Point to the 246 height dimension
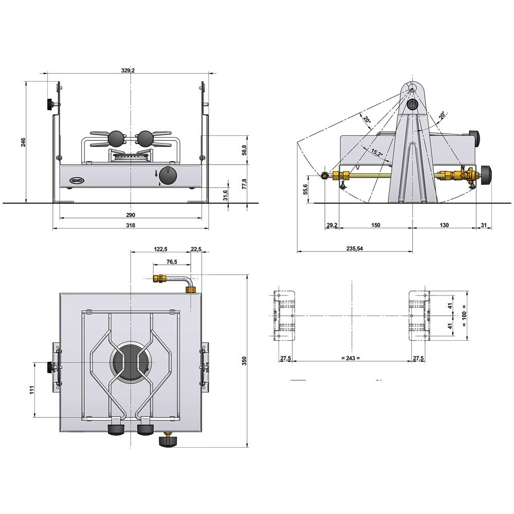click(23, 142)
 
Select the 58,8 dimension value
click(244, 150)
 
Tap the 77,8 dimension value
click(244, 183)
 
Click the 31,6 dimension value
click(225, 195)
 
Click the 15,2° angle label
click(377, 152)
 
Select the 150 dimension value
click(375, 225)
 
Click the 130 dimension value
click(444, 225)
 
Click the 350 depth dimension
click(244, 361)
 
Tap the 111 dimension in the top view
click(31, 390)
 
